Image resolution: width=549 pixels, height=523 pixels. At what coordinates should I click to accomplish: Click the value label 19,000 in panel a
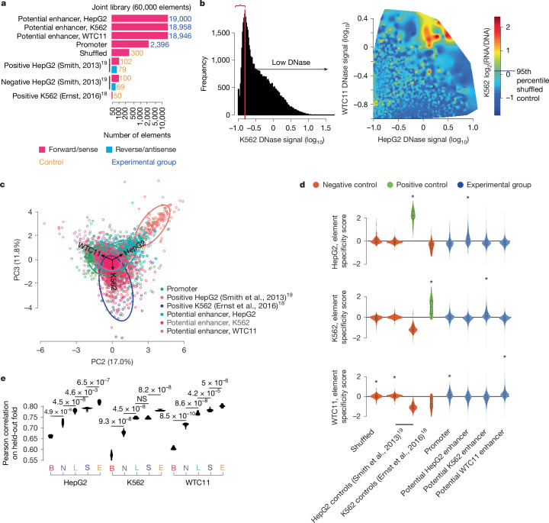180,19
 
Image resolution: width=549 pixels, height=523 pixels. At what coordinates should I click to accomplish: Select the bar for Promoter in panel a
130,44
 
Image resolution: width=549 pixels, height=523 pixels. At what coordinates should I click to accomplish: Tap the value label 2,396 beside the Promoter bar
159,44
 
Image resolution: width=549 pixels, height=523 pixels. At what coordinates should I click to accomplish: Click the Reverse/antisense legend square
109,150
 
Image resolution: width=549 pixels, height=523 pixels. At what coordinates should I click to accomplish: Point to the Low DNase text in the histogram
291,63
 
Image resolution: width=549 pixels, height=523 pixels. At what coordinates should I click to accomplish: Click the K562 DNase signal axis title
282,140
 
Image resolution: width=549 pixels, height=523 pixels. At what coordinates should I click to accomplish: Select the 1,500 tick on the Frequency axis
220,33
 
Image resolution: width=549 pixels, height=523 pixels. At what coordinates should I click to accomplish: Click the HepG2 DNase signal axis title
423,140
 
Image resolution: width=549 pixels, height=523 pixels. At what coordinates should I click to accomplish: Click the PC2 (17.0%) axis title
112,361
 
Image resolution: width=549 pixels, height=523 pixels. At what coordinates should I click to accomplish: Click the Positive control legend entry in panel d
422,185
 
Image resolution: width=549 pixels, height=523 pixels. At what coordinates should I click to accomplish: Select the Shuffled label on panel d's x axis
363,441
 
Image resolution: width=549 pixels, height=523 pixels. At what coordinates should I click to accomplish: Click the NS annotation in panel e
142,399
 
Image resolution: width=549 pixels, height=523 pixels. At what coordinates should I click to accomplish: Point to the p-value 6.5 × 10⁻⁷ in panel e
93,382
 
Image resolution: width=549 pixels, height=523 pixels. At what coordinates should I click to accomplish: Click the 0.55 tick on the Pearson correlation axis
32,460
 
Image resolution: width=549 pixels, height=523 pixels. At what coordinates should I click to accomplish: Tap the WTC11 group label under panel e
197,483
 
